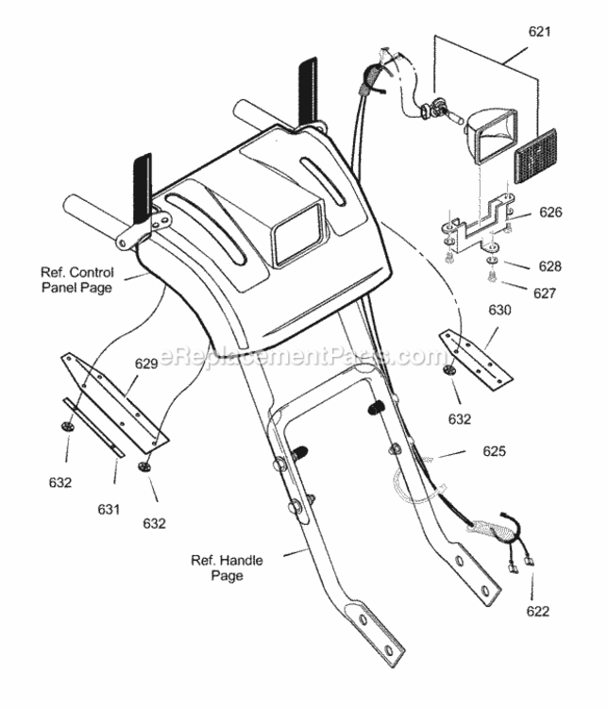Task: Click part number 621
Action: [539, 31]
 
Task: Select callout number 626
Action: [550, 212]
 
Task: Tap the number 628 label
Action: [549, 266]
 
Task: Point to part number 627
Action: [545, 294]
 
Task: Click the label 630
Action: [499, 311]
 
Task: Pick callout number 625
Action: [494, 451]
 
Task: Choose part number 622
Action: [537, 612]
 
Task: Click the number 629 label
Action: [146, 364]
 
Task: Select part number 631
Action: [109, 510]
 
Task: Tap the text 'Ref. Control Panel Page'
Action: [77, 280]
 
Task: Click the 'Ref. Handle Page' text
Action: [227, 568]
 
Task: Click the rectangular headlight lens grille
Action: [535, 156]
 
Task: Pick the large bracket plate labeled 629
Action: [115, 402]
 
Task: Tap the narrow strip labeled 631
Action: [93, 427]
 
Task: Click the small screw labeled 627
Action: [493, 277]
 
